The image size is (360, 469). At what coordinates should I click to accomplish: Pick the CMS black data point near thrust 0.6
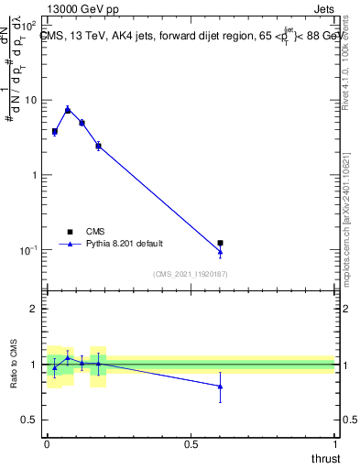point(220,243)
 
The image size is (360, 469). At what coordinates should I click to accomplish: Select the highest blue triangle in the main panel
point(68,109)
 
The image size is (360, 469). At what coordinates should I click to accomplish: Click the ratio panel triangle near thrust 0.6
point(220,387)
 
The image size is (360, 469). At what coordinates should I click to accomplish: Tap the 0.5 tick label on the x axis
point(191,443)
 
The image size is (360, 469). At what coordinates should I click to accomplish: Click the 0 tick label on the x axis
point(47,443)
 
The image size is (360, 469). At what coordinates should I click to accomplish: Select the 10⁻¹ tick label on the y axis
point(30,250)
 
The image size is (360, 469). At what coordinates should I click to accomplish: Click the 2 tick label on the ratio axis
point(34,310)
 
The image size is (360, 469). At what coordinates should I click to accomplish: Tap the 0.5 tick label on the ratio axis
point(30,420)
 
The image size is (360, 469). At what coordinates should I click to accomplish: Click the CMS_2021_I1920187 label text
point(191,273)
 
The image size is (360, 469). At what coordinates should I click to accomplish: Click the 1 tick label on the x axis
point(334,443)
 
